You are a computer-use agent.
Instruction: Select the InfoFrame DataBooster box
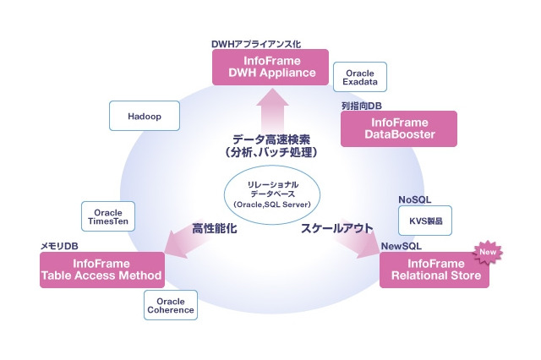(x=398, y=128)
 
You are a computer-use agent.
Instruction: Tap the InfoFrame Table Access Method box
(x=101, y=270)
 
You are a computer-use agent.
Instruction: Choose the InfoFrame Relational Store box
(x=434, y=270)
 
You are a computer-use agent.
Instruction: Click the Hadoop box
(x=145, y=116)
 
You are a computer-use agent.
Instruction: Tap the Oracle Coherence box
(x=171, y=305)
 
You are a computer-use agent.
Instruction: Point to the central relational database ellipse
(x=272, y=194)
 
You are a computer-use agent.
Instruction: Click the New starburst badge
(x=487, y=252)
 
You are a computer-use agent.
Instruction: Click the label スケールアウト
(x=336, y=228)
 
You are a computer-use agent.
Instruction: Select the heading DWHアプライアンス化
(x=256, y=42)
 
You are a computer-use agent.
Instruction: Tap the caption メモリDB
(x=60, y=246)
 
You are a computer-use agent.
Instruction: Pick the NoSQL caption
(x=415, y=199)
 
